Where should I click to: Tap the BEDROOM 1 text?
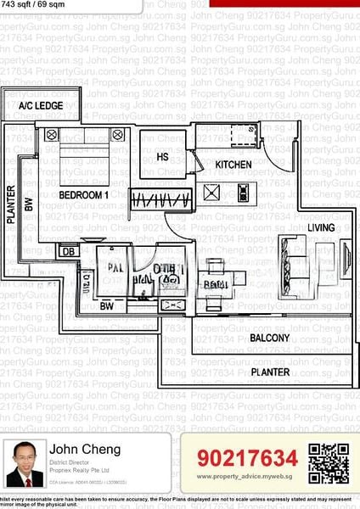(x=83, y=195)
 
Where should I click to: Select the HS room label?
(x=162, y=157)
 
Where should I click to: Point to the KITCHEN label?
(x=232, y=164)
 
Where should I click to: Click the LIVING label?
(x=321, y=227)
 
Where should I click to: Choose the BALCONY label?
(x=269, y=338)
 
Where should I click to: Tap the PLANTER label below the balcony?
(x=269, y=372)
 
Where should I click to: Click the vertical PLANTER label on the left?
(x=11, y=204)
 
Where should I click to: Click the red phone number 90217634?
(x=247, y=458)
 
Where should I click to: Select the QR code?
(x=328, y=463)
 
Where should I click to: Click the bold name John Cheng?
(x=85, y=449)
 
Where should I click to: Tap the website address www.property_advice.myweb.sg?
(x=247, y=477)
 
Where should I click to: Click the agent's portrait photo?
(x=25, y=463)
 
